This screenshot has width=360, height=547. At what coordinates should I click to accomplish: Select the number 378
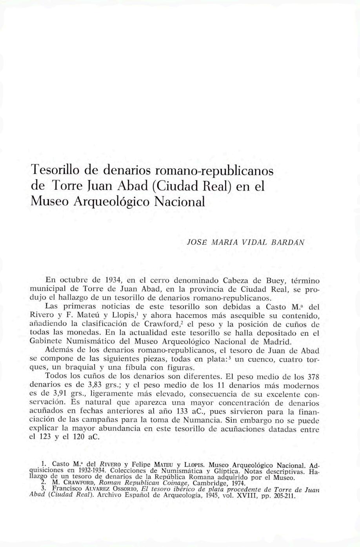(x=312, y=377)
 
